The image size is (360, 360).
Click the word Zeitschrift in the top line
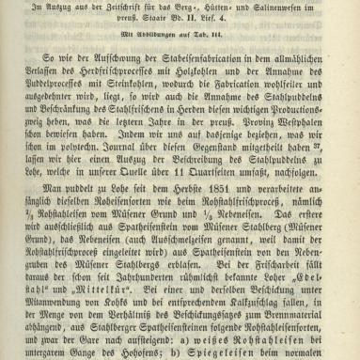click(133, 9)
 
